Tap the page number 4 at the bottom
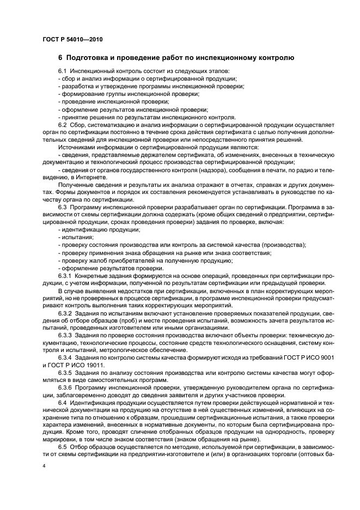tap(44, 466)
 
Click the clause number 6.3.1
tap(66, 276)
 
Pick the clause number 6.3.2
tap(66, 314)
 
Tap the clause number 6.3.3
tap(66, 337)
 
